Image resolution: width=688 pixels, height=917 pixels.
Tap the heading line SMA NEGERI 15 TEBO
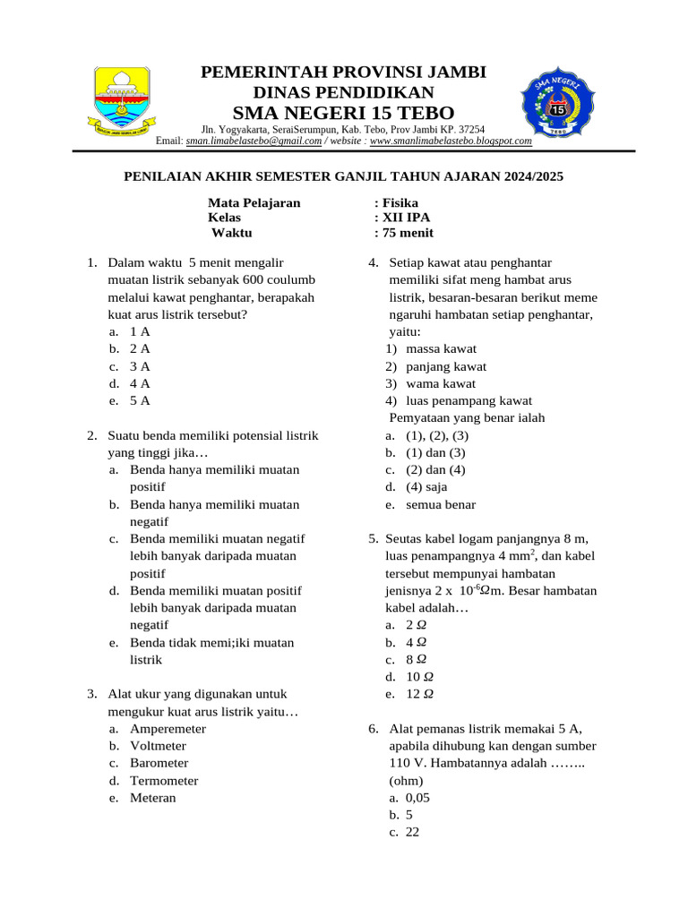(343, 112)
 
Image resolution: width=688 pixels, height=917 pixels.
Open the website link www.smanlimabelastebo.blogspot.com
(451, 141)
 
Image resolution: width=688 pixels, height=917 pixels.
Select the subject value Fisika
(400, 202)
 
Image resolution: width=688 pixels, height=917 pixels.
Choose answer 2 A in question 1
(140, 348)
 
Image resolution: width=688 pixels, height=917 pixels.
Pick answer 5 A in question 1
(140, 400)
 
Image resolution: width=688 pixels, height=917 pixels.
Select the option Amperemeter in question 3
(168, 729)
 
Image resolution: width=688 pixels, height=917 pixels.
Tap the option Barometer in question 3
(159, 763)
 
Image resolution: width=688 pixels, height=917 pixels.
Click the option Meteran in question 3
(153, 798)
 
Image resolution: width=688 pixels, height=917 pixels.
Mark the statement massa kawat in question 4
(441, 348)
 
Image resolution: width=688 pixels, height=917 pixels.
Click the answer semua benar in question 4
(441, 504)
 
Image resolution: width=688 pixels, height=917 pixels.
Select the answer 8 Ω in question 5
(416, 659)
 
